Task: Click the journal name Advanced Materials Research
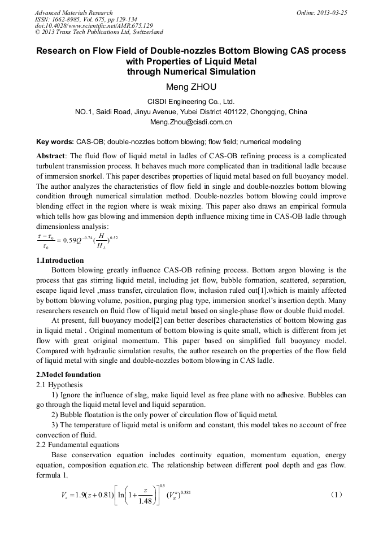click(x=73, y=12)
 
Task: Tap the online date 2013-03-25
click(x=332, y=12)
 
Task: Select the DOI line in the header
click(x=94, y=25)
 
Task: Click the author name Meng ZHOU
click(x=191, y=87)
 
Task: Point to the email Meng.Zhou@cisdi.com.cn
click(x=191, y=122)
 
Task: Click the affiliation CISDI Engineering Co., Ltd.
click(x=191, y=102)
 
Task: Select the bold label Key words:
click(x=55, y=141)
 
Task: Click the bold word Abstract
click(x=51, y=155)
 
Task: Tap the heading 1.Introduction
click(x=60, y=261)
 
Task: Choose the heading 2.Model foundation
click(x=68, y=375)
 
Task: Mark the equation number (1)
click(x=336, y=495)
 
